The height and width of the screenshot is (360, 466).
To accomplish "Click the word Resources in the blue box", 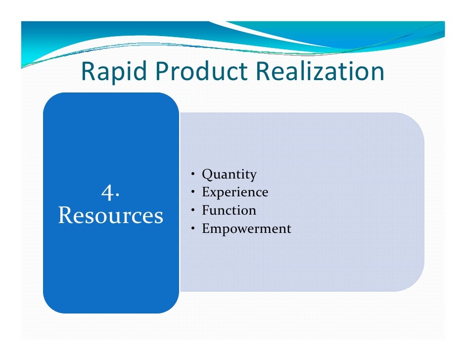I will tap(110, 216).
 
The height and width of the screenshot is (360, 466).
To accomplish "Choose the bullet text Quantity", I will tap(229, 175).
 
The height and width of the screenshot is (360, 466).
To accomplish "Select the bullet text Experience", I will tap(235, 192).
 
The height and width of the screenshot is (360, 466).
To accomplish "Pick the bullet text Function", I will tap(229, 211).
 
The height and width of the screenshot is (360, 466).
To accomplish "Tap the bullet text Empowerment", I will tap(246, 229).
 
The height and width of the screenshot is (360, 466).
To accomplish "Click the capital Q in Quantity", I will tap(207, 175).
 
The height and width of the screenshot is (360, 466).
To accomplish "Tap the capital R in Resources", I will tap(65, 216).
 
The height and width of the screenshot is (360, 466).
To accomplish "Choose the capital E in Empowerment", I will tap(206, 228).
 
